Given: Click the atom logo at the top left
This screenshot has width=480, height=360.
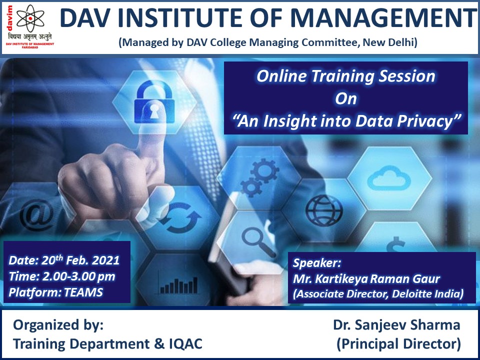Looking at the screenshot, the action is coord(30,18).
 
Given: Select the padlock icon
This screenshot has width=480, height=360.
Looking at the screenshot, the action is coord(154,101).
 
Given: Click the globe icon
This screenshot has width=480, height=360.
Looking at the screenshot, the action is coord(324,210).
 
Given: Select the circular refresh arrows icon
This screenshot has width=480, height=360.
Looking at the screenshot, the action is coord(180,217).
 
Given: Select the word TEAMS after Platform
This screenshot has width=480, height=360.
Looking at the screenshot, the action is coord(83,292).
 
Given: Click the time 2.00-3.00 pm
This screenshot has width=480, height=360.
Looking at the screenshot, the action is coord(78,276).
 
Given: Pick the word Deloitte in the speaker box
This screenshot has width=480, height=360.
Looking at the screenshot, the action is coord(408,293).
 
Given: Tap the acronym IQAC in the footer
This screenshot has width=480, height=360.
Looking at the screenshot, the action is coord(186,344).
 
